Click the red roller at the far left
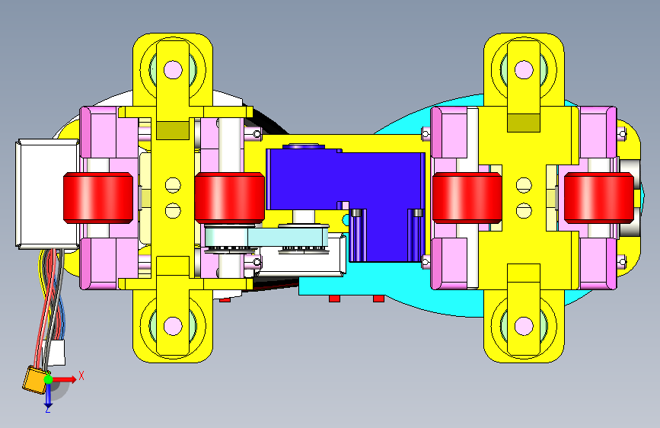coord(98,197)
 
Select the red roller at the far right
coord(598,197)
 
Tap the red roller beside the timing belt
coord(229,197)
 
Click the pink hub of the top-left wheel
coord(173,69)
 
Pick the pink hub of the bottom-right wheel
coord(524,326)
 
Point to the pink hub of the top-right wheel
coord(524,69)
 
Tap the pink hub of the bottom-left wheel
coord(173,326)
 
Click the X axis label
coord(81,375)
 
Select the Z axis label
coord(48,409)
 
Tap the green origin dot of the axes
coord(49,379)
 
